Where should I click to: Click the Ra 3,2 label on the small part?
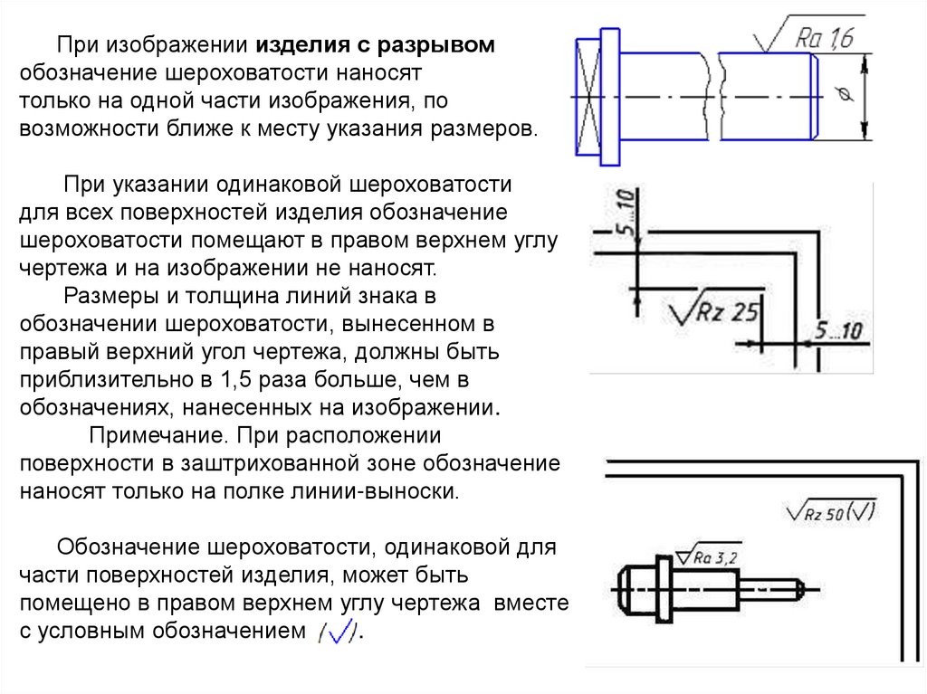click(x=715, y=558)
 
